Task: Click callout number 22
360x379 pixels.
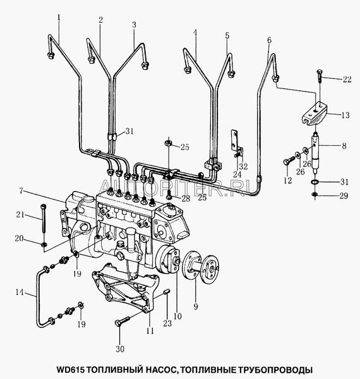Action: (x=347, y=79)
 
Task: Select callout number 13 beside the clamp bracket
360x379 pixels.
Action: (x=345, y=115)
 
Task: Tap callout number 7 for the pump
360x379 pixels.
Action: (x=21, y=191)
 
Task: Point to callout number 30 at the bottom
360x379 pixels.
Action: (x=120, y=349)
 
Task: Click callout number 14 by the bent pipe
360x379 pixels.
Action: (x=20, y=292)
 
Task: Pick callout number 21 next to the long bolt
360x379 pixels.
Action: (x=20, y=214)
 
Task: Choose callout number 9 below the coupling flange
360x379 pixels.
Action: (x=196, y=306)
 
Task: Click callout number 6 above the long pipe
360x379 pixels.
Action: (x=270, y=40)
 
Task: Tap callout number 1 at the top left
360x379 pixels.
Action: (x=59, y=18)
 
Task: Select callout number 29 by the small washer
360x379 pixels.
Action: (x=344, y=196)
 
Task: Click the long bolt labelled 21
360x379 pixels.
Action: (x=43, y=219)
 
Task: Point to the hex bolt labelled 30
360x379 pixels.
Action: (x=123, y=322)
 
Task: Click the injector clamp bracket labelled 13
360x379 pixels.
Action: (x=315, y=113)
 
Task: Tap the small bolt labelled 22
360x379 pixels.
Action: (x=319, y=76)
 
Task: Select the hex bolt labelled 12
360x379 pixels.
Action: (x=289, y=160)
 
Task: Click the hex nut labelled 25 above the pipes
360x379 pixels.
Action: (x=169, y=143)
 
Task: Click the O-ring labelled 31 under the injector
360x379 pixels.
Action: (x=315, y=181)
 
